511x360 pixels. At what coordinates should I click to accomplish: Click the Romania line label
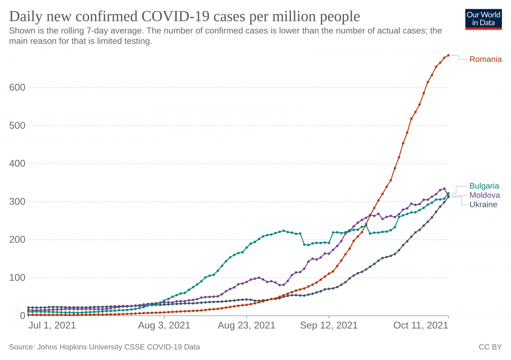click(485, 59)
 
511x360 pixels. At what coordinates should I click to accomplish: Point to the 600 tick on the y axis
click(17, 87)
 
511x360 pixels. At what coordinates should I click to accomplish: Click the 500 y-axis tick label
click(17, 126)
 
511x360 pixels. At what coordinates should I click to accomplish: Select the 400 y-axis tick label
click(17, 163)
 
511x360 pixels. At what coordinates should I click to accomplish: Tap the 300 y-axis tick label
click(17, 202)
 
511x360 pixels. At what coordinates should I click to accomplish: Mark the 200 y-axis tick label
click(17, 239)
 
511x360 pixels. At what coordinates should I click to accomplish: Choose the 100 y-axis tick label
click(17, 278)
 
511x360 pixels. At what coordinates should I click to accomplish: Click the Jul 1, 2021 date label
click(52, 325)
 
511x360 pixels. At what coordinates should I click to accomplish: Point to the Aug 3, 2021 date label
click(164, 325)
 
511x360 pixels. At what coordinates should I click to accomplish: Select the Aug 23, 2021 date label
click(247, 325)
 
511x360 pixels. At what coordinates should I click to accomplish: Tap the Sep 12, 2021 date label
click(329, 325)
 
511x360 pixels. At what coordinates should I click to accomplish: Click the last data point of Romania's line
click(448, 55)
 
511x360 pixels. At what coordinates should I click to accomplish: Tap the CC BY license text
click(490, 347)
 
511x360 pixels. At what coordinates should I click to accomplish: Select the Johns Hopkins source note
click(104, 347)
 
